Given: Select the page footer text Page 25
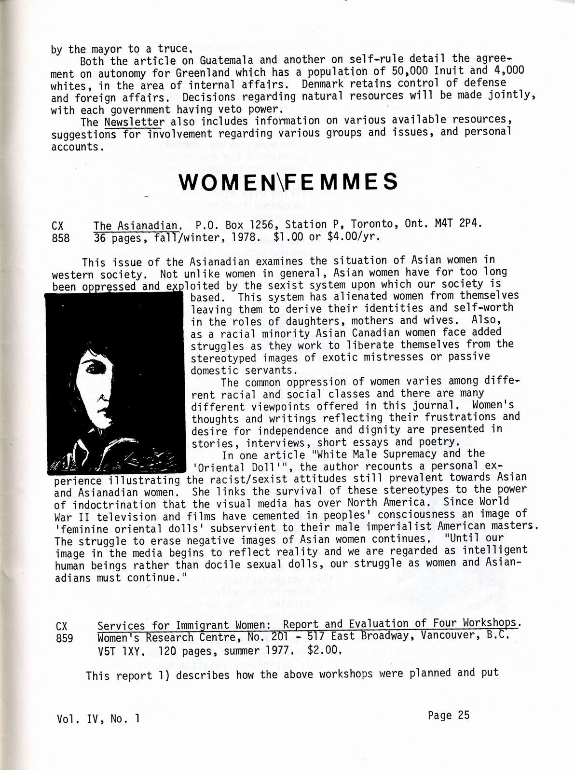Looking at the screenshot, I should [448, 715].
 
